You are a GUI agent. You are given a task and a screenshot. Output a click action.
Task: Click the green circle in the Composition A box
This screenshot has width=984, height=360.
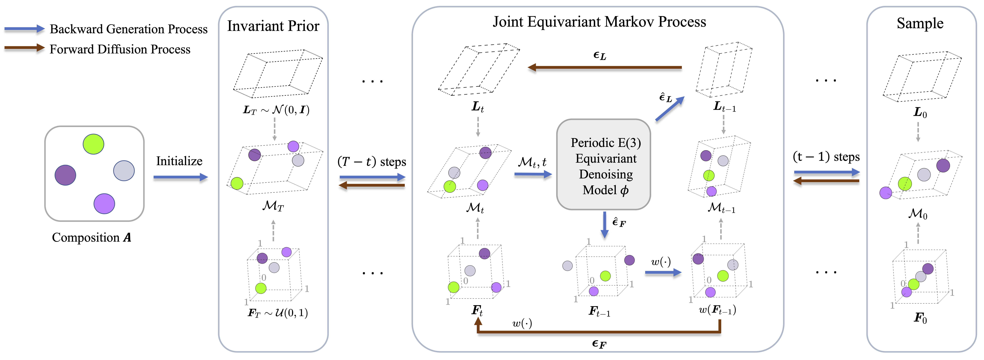[93, 144]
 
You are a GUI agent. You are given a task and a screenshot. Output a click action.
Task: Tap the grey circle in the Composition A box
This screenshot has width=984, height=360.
[124, 170]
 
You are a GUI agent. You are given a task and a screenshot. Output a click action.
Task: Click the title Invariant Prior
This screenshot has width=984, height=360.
[273, 26]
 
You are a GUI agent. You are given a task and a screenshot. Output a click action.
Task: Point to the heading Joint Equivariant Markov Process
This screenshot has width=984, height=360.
[599, 22]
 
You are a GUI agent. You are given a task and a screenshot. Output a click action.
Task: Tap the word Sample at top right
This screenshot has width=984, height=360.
[920, 24]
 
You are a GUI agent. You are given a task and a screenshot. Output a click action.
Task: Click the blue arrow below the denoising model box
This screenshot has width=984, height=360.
[604, 225]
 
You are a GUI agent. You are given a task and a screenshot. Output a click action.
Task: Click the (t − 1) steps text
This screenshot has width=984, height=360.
[826, 157]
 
